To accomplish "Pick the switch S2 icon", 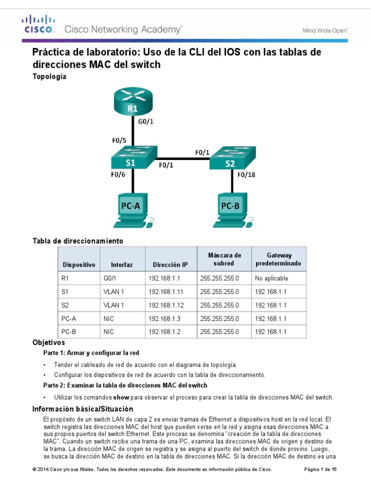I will pos(229,159).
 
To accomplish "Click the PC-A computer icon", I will pos(132,209).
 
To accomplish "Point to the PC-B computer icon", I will pos(232,209).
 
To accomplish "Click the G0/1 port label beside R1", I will pos(146,121).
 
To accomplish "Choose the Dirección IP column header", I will pos(170,265).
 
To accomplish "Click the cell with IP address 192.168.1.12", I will pos(166,305).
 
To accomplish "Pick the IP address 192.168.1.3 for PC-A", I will pos(164,318).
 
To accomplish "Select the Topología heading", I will pos(49,76).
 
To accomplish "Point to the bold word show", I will pos(121,397).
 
